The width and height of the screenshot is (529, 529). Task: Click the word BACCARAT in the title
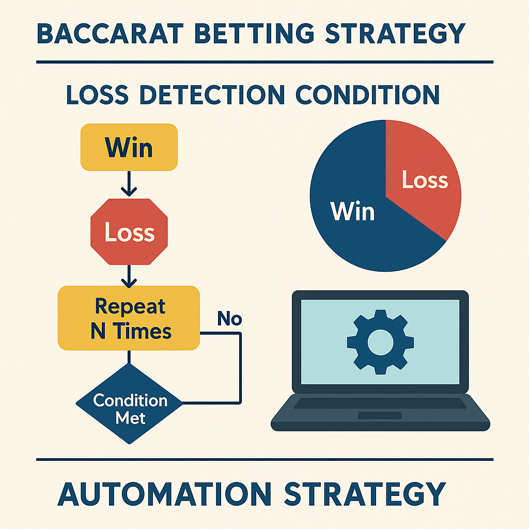110,34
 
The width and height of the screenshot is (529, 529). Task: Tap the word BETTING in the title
255,34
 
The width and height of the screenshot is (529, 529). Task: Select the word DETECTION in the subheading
212,95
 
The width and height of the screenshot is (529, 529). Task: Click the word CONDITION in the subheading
368,95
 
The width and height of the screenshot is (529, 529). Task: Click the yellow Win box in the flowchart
129,147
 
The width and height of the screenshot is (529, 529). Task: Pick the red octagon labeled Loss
129,232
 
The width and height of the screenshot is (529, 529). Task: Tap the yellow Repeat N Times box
129,318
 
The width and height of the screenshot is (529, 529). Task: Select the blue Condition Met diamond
129,403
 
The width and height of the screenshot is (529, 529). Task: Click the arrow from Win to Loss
129,183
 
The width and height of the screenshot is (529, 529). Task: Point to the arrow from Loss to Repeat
129,276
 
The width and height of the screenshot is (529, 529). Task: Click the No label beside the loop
229,318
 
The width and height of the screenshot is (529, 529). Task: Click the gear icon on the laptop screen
380,342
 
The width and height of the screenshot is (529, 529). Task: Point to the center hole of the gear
380,343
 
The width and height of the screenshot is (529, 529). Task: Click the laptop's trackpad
380,415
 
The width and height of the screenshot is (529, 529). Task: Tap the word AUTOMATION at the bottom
164,493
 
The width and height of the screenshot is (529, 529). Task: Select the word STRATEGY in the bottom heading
365,493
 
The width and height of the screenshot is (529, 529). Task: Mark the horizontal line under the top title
265,62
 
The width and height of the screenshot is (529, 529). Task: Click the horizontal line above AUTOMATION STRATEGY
265,459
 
